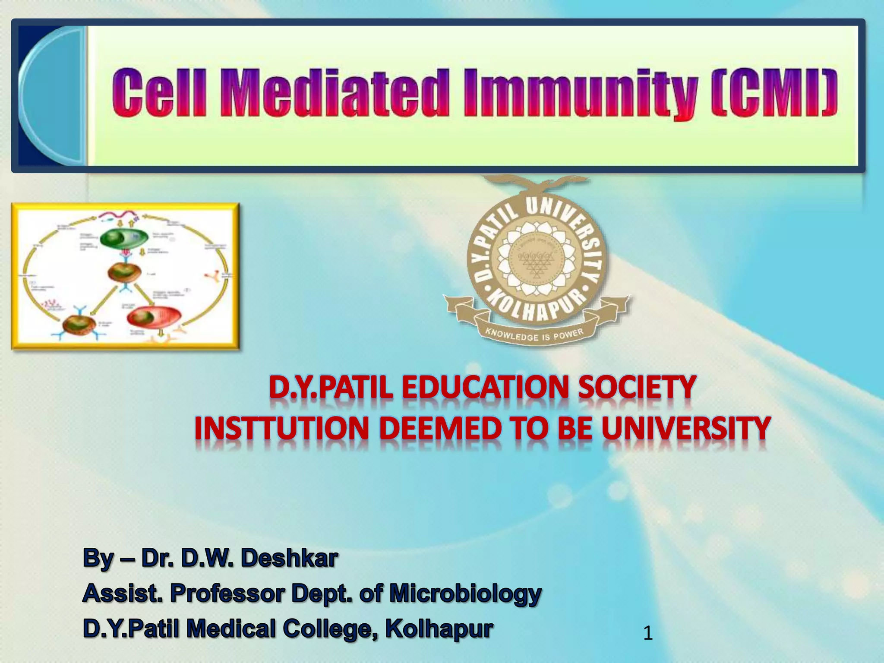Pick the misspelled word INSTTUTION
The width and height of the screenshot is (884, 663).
[281, 428]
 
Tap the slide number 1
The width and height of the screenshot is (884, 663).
[647, 633]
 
